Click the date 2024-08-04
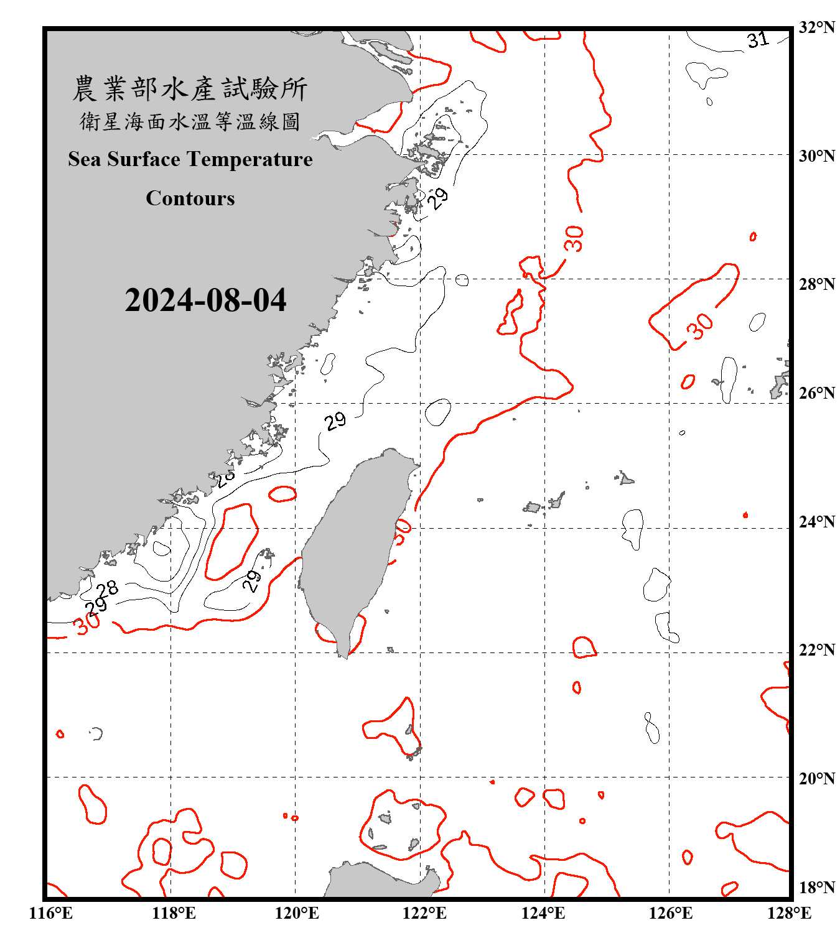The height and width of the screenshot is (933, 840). pyautogui.click(x=205, y=300)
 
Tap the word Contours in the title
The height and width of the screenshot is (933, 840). pyautogui.click(x=190, y=198)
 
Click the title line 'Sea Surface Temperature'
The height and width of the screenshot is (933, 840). pyautogui.click(x=190, y=159)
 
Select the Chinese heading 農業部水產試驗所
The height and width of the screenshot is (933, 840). pyautogui.click(x=190, y=89)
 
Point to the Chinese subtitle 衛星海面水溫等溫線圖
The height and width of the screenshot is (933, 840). pyautogui.click(x=190, y=121)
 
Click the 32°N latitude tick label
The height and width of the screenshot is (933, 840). pyautogui.click(x=816, y=27)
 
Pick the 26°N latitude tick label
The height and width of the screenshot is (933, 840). pyautogui.click(x=816, y=393)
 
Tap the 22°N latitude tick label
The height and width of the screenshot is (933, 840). pyautogui.click(x=816, y=650)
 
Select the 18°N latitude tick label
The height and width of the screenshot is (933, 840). pyautogui.click(x=816, y=888)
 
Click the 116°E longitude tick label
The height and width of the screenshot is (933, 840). pyautogui.click(x=51, y=913)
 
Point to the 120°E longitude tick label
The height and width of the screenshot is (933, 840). pyautogui.click(x=297, y=913)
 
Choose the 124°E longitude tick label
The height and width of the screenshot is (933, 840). pyautogui.click(x=543, y=913)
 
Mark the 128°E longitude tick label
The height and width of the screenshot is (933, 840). pyautogui.click(x=789, y=913)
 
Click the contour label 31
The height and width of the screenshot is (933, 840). pyautogui.click(x=758, y=40)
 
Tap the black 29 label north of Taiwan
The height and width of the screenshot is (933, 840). pyautogui.click(x=335, y=421)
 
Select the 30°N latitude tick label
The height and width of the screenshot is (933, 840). pyautogui.click(x=816, y=156)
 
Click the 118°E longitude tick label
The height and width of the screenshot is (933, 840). pyautogui.click(x=174, y=913)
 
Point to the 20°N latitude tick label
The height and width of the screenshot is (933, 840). pyautogui.click(x=816, y=779)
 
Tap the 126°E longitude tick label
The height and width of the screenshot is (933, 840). pyautogui.click(x=670, y=913)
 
